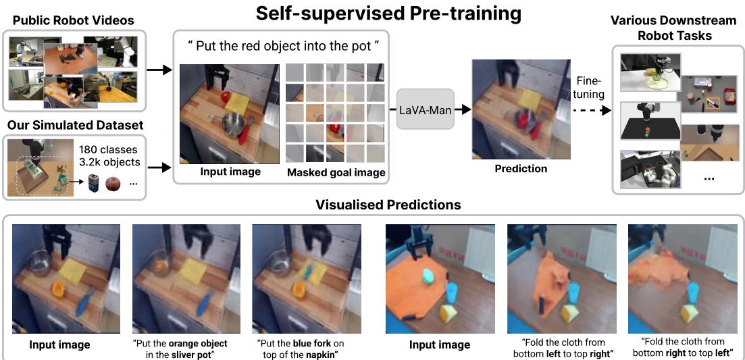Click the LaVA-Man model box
click(425, 108)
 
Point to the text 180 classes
click(108, 149)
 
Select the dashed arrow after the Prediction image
click(586, 109)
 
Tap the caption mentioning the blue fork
click(305, 348)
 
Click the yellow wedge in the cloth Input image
click(446, 312)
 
